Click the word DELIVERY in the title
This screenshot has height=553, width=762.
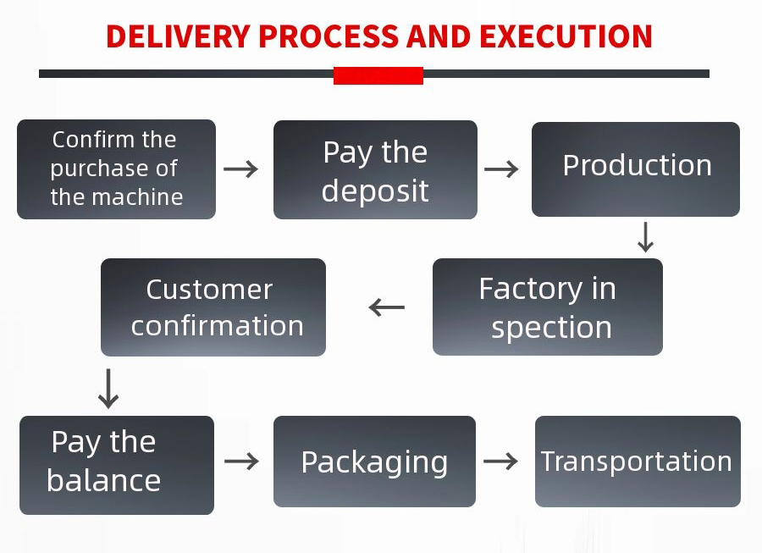tap(178, 36)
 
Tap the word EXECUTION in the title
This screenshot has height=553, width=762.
tap(566, 36)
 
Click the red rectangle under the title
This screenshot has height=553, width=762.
tap(378, 75)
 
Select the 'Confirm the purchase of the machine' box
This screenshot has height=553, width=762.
tap(116, 169)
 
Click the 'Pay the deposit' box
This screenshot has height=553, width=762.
tap(375, 170)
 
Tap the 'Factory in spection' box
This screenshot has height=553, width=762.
tap(547, 307)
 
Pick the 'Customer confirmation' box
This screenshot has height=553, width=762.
tap(213, 307)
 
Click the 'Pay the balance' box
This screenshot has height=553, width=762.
tap(116, 465)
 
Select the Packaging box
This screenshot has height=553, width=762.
tap(374, 462)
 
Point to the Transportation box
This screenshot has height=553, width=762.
tap(637, 462)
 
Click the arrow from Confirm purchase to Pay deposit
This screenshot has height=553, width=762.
tap(241, 169)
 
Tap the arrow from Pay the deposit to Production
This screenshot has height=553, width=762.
tap(501, 169)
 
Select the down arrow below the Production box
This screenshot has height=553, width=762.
tap(645, 237)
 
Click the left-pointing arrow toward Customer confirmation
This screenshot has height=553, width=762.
tap(387, 307)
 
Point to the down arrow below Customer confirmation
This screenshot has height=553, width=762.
tap(108, 388)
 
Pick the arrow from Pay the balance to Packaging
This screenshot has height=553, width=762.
tap(241, 461)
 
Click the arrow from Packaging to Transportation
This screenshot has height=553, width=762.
tap(500, 461)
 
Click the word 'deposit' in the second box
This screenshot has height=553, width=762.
tap(375, 191)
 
